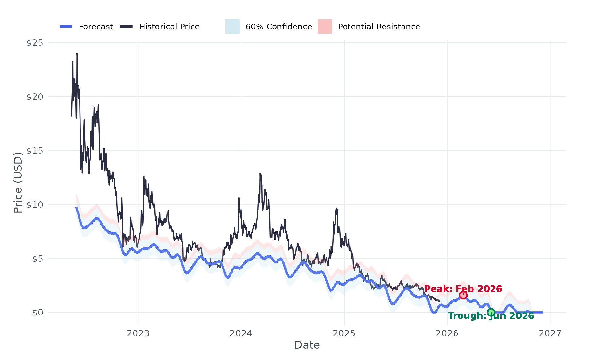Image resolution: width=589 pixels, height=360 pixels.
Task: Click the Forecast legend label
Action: [96, 27]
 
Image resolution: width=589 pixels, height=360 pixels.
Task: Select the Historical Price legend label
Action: [169, 27]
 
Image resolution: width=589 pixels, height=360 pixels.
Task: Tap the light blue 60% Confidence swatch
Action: [232, 27]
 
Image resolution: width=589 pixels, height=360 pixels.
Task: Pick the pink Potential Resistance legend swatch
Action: [325, 27]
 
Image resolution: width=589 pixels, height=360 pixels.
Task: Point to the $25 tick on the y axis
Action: [35, 43]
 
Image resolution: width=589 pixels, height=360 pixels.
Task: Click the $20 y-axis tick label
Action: [35, 97]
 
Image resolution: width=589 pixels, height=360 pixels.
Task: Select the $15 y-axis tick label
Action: [35, 151]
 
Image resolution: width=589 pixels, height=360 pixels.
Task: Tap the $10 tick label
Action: [35, 205]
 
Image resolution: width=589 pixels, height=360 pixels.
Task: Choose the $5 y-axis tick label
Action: [37, 259]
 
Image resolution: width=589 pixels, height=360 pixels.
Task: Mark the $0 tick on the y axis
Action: [37, 313]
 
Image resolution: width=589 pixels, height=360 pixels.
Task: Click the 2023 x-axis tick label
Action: [138, 333]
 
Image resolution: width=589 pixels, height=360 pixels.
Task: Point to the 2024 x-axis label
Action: [241, 333]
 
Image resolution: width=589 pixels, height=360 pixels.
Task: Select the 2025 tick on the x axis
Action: [344, 333]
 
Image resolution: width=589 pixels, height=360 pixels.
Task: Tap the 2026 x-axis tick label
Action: [447, 333]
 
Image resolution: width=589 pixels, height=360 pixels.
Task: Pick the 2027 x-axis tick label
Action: [550, 333]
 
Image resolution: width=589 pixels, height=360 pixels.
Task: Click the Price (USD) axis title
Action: [18, 183]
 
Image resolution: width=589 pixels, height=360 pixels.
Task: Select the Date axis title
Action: [307, 345]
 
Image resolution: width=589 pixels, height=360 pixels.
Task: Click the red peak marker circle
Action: [463, 295]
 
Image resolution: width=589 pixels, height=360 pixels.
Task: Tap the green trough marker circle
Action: [491, 312]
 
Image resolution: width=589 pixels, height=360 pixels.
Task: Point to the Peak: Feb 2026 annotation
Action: [463, 289]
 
